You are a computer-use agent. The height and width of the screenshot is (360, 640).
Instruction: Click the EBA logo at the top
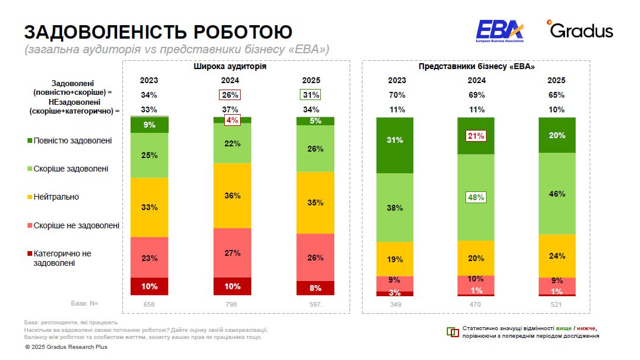point(499,30)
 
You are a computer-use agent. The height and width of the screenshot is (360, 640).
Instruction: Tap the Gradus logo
point(580,30)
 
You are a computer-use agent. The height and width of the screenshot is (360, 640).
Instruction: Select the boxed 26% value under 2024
point(230,95)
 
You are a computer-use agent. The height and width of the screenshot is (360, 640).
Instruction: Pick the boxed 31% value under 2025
point(311,95)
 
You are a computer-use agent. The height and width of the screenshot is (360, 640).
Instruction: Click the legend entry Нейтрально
point(56,197)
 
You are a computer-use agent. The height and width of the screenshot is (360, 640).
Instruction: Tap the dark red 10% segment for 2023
point(149,286)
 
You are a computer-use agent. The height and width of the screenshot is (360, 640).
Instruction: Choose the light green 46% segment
point(557,193)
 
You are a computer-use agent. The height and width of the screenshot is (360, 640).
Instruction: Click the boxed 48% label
point(476,197)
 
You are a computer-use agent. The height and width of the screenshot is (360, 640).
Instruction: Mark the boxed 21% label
point(476,136)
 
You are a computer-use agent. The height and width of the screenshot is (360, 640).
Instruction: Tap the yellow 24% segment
point(557,255)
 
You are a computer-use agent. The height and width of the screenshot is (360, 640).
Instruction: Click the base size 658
point(149,304)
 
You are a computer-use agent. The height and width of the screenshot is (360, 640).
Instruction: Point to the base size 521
point(557,304)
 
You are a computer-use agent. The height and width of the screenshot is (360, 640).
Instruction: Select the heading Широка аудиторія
point(230,67)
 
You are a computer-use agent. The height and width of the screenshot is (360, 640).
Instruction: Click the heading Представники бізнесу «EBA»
point(476,67)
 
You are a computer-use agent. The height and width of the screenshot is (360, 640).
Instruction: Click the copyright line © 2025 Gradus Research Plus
point(66,347)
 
